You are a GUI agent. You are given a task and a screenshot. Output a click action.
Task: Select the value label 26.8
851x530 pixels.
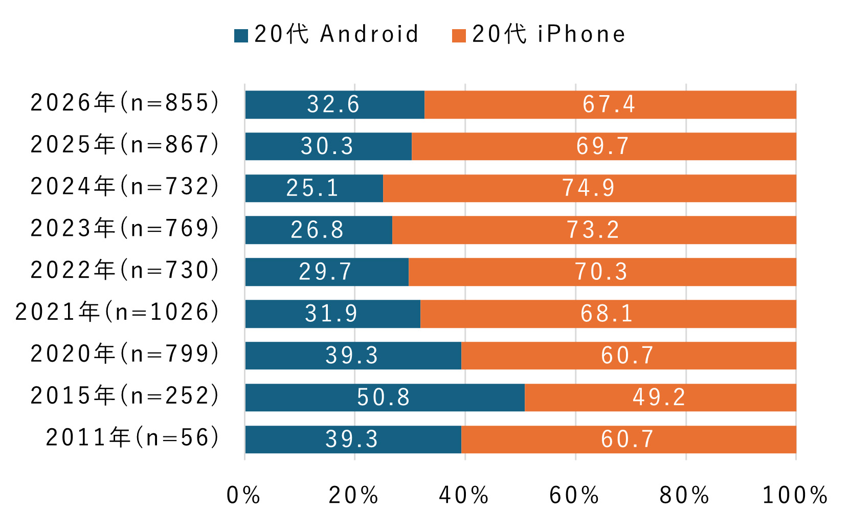click(317, 230)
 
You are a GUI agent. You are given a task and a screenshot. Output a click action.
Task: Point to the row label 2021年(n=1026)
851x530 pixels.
click(118, 312)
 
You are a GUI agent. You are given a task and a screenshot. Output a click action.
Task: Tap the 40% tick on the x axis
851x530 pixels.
click(464, 495)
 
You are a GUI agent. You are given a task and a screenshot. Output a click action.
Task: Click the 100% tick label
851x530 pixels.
click(795, 495)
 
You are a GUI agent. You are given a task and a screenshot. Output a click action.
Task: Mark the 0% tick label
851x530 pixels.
click(243, 495)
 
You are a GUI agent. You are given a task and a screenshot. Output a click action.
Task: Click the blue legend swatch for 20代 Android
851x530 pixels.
click(241, 36)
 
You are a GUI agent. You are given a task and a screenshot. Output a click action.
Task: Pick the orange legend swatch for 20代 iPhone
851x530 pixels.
click(459, 36)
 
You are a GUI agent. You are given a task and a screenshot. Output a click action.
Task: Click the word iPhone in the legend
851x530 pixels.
click(581, 34)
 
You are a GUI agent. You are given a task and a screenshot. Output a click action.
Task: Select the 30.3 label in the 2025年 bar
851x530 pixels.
click(327, 146)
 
